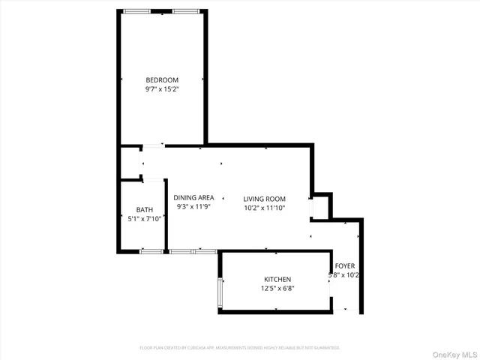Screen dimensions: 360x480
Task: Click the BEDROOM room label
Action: click(x=162, y=80)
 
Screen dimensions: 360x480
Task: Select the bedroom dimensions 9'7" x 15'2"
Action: click(x=162, y=89)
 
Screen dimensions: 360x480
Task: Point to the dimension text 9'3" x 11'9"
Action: click(x=194, y=207)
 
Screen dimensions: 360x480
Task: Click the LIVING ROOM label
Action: click(x=265, y=199)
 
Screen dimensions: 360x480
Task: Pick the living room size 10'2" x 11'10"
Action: click(x=265, y=208)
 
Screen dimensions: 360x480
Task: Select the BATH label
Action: click(x=145, y=209)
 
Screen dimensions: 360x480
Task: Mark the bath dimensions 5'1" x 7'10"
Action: click(x=145, y=218)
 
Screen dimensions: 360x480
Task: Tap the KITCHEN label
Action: click(x=276, y=280)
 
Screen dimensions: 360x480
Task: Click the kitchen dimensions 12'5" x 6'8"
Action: click(x=276, y=289)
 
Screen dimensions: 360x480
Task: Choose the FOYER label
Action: click(x=345, y=266)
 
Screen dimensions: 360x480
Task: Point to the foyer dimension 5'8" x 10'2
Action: click(x=345, y=275)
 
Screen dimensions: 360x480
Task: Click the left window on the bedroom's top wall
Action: click(x=136, y=11)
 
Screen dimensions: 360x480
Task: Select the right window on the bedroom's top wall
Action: click(x=185, y=11)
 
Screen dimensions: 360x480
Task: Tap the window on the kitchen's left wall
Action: click(x=220, y=292)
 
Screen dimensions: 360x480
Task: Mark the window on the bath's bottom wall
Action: click(x=151, y=251)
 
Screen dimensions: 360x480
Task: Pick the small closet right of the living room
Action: click(x=320, y=206)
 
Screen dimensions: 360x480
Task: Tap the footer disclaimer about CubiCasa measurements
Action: click(x=240, y=348)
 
